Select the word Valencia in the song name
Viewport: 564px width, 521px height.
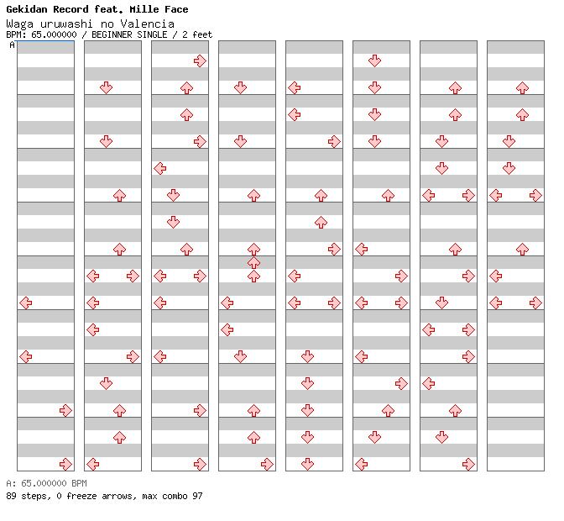click(148, 24)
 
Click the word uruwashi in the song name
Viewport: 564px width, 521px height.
click(66, 24)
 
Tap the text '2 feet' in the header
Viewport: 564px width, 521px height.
click(197, 34)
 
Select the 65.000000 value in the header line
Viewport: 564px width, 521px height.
click(54, 34)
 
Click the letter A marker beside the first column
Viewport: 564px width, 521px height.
click(13, 45)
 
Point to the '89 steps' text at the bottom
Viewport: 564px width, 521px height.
click(29, 496)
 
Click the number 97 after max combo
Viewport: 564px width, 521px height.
click(197, 496)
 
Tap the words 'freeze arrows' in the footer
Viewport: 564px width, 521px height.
click(101, 496)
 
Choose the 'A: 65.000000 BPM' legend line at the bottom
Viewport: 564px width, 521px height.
click(46, 483)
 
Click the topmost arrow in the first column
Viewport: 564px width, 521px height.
click(26, 303)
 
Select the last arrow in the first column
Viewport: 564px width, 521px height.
click(65, 464)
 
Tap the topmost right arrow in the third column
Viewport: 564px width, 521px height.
click(200, 61)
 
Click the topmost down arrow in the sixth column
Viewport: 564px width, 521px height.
click(375, 61)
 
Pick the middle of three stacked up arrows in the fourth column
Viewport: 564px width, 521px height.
click(254, 262)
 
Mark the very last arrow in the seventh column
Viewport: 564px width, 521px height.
click(468, 464)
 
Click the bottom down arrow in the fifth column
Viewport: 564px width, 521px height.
click(307, 464)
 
